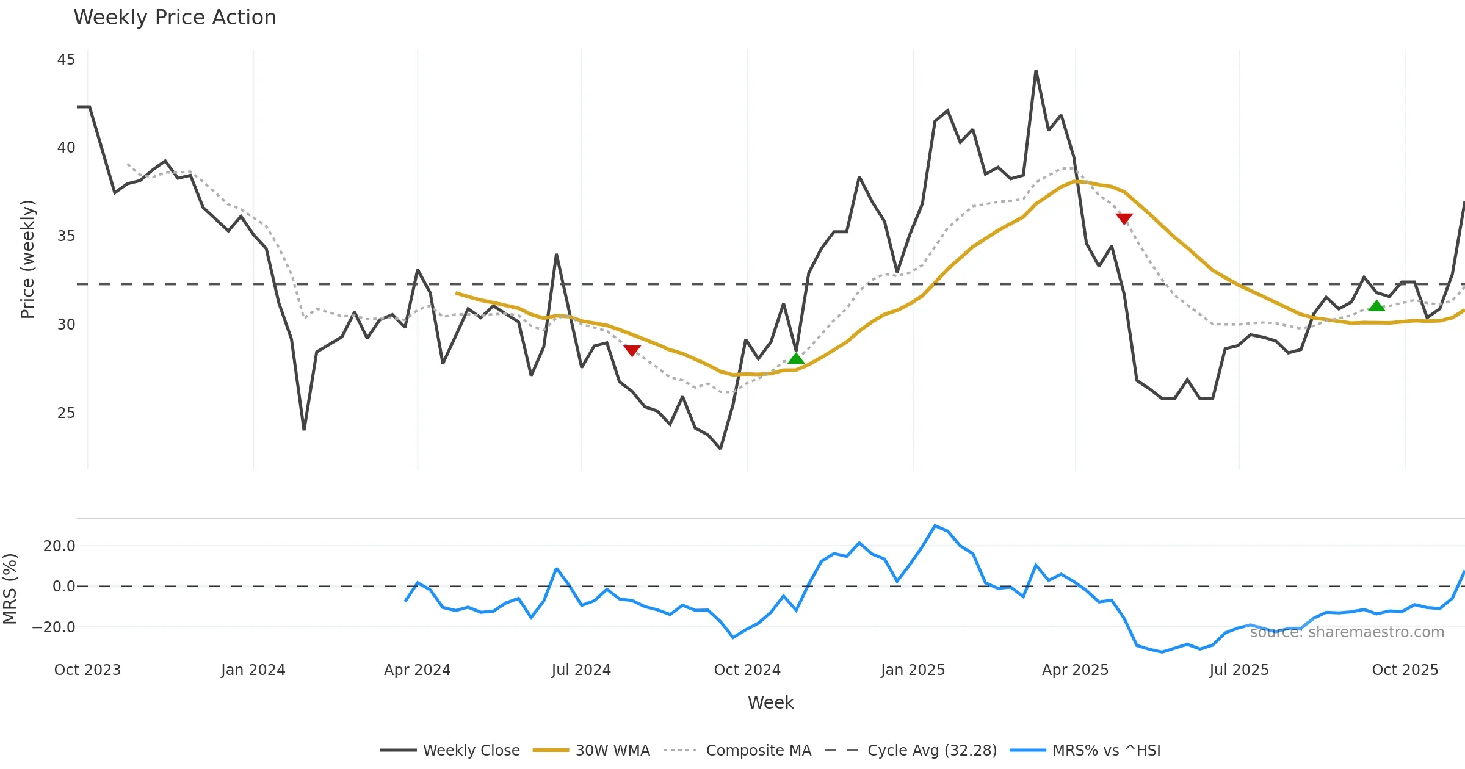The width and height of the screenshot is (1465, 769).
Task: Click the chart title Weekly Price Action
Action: [x=175, y=17]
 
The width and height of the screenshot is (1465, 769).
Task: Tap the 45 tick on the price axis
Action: [x=66, y=60]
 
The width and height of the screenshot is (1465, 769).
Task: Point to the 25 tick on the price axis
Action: [x=66, y=413]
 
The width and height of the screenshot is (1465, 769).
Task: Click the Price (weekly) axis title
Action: [x=27, y=259]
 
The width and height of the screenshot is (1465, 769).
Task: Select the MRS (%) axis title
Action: [x=10, y=588]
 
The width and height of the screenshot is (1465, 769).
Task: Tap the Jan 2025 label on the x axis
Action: [x=913, y=670]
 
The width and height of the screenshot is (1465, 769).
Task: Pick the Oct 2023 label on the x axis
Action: [x=87, y=670]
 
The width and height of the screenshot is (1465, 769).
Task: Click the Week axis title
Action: [x=770, y=703]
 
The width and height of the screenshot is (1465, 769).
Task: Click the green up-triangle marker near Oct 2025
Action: [x=1376, y=306]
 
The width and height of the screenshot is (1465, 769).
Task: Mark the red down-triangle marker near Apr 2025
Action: [x=1124, y=218]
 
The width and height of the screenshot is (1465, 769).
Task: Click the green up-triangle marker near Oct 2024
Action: [x=796, y=358]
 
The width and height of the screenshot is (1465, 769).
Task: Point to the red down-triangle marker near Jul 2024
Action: [x=632, y=350]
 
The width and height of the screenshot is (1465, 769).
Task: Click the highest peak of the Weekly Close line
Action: [x=1036, y=71]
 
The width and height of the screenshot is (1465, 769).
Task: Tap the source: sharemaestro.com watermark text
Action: [x=1347, y=632]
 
